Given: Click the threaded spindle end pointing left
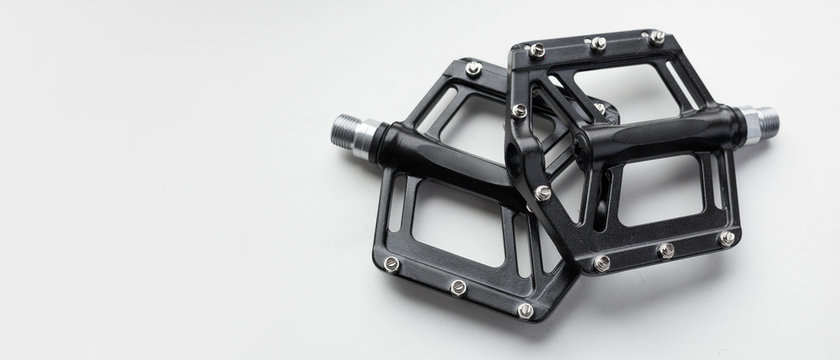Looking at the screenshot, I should tap(346, 130).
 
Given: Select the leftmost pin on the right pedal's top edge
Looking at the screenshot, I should tap(538, 49).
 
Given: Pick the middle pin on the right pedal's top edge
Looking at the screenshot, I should tap(598, 43).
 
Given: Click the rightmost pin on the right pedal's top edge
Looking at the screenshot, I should tap(656, 37).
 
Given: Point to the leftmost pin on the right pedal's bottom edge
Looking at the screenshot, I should tap(601, 263).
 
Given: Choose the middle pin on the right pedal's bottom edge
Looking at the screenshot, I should tap(666, 250).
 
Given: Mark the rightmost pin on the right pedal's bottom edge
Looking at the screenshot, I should tap(727, 238).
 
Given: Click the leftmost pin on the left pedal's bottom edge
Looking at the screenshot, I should tap(391, 264).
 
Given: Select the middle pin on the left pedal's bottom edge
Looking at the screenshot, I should tap(458, 287).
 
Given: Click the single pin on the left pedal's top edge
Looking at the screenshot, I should tap(473, 68).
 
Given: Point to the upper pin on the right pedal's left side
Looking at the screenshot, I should tap(519, 111).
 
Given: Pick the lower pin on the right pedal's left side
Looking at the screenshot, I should tap(542, 193).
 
